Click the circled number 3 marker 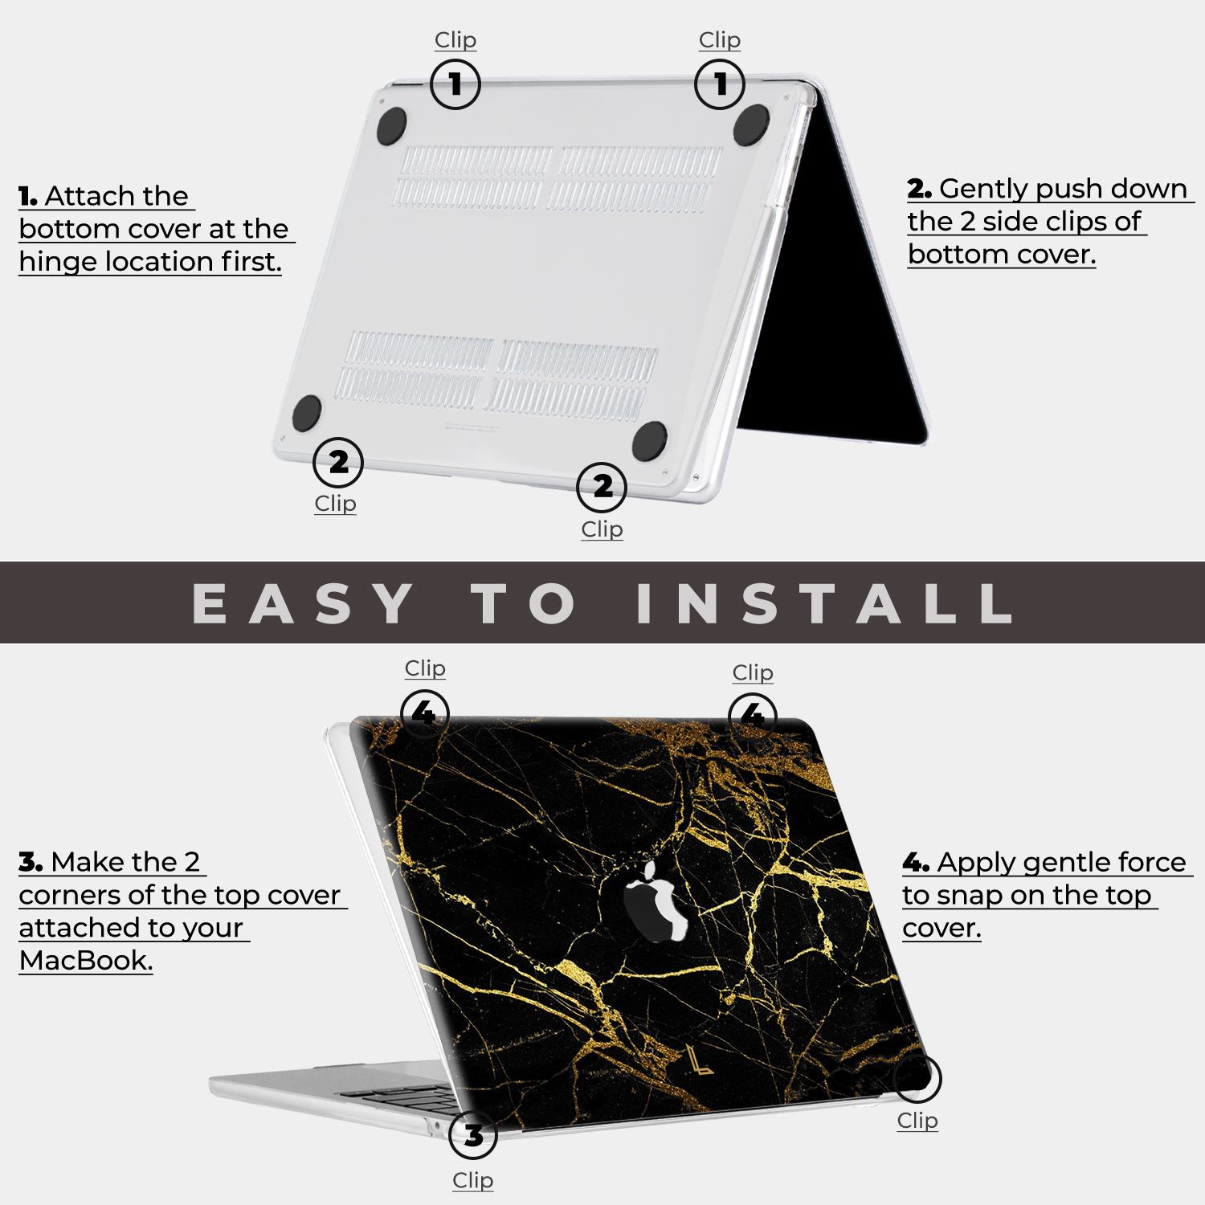(473, 1134)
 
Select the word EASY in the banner (304, 603)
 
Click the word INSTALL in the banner (824, 603)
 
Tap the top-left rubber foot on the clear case (391, 126)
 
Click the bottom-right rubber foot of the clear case (649, 441)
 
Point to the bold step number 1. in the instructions (28, 196)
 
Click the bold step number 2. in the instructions (919, 189)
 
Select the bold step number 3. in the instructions (31, 862)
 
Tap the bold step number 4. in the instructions (916, 863)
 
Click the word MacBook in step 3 (84, 960)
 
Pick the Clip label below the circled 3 (472, 1180)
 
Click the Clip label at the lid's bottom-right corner (917, 1120)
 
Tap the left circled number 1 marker (455, 84)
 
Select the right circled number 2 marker (602, 487)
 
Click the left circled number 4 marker (424, 713)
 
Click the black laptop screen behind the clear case (835, 321)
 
